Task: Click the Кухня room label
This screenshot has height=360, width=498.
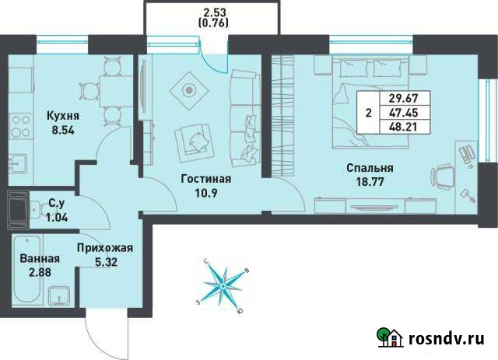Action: (x=63, y=116)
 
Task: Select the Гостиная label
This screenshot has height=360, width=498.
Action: (x=205, y=177)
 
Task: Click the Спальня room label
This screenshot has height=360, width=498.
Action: (x=370, y=167)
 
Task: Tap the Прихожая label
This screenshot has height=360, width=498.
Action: (x=105, y=249)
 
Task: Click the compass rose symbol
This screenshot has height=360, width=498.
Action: (x=224, y=285)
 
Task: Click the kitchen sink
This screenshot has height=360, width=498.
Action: (x=18, y=163)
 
